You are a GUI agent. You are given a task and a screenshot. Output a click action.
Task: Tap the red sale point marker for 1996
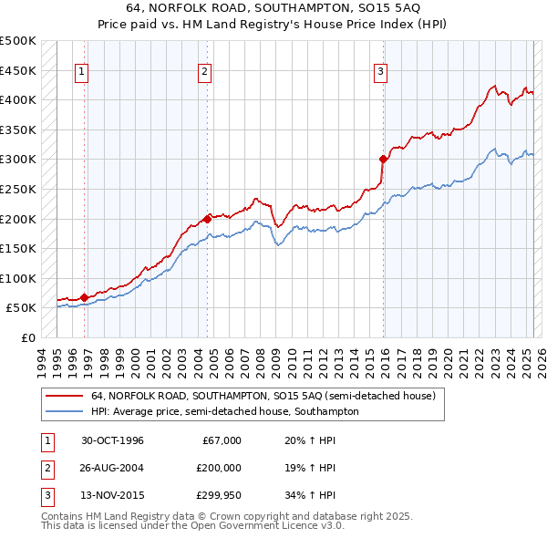tap(84, 297)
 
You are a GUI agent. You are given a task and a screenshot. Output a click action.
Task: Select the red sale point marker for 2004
tap(207, 219)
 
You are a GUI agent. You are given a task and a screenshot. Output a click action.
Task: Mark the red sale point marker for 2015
tap(383, 159)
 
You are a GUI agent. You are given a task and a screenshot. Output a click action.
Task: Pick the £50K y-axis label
tap(21, 307)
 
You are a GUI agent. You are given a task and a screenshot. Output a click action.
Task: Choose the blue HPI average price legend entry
tap(224, 411)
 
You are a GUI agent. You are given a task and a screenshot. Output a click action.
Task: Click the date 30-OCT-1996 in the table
tap(113, 440)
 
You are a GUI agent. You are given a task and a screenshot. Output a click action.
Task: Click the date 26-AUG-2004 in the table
tap(113, 468)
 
